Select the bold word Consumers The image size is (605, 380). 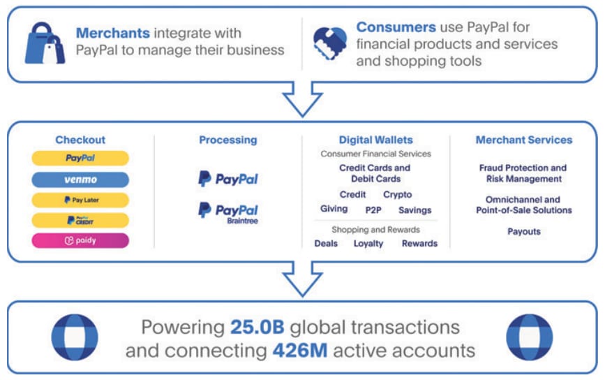tap(396, 28)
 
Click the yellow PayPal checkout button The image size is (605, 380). tap(80, 159)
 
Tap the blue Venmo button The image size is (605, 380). tap(80, 180)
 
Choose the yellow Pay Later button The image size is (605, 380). tap(80, 200)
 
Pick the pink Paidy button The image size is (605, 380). tap(80, 241)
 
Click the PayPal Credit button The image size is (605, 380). tap(80, 220)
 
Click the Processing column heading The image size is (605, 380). tap(227, 140)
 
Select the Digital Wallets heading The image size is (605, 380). tap(375, 140)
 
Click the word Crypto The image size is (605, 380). tap(397, 195)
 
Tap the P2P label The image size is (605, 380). tap(373, 210)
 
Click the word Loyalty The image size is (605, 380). tap(368, 244)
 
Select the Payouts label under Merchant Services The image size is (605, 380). tap(523, 231)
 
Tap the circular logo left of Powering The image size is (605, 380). tap(75, 337)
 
